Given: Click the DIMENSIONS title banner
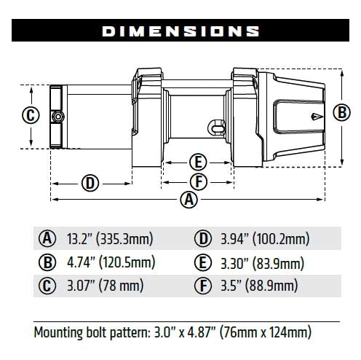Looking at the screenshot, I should click(x=180, y=31).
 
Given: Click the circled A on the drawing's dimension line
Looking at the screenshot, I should click(x=189, y=199).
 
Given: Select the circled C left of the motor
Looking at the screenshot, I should click(x=30, y=115).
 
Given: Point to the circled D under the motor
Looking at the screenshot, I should click(x=90, y=182).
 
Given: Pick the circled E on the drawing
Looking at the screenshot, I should click(x=197, y=162).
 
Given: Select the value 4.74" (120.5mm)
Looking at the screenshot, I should click(x=108, y=262).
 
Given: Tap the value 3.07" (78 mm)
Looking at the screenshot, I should click(x=99, y=285).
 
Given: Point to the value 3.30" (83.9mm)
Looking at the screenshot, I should click(x=260, y=262).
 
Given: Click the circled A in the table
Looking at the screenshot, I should click(x=47, y=238).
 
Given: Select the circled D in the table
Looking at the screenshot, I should click(x=202, y=238).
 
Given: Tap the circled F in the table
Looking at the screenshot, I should click(x=202, y=285).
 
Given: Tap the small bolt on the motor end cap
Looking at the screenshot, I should click(x=55, y=117).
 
